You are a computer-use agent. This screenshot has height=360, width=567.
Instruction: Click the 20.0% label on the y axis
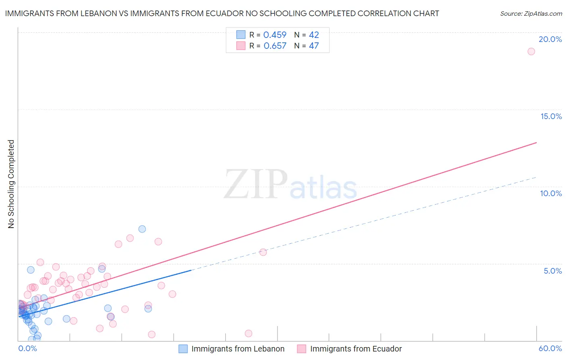tap(550, 39)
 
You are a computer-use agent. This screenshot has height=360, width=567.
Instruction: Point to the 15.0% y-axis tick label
tap(551, 116)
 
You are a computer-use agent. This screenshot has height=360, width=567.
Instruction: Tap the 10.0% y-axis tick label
tap(551, 193)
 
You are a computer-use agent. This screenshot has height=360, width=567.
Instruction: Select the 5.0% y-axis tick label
tap(552, 271)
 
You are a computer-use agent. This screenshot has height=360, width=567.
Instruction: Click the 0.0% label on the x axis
tap(28, 348)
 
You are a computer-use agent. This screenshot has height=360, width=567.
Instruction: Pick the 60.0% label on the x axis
tap(550, 348)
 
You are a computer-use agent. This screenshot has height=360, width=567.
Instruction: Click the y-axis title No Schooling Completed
tap(11, 184)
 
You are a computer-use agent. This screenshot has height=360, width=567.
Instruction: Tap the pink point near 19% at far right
tap(531, 51)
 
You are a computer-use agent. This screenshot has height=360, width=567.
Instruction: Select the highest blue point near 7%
tap(142, 229)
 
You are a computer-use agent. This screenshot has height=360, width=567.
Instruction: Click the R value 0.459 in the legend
tap(275, 35)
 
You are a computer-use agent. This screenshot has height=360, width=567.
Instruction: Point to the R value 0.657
tap(275, 46)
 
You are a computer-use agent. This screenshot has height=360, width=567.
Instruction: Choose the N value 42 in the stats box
tap(314, 35)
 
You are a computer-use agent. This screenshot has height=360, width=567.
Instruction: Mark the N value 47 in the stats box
tap(314, 46)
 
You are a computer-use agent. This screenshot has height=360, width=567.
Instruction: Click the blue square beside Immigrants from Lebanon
tap(183, 349)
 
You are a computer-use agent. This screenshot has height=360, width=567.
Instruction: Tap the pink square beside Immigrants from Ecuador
tap(302, 349)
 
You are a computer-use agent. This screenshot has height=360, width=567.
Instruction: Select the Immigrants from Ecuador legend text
tap(356, 349)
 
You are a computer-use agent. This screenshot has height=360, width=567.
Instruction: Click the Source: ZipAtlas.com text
tap(531, 13)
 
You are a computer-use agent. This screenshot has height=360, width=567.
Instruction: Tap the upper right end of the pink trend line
tap(536, 142)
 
